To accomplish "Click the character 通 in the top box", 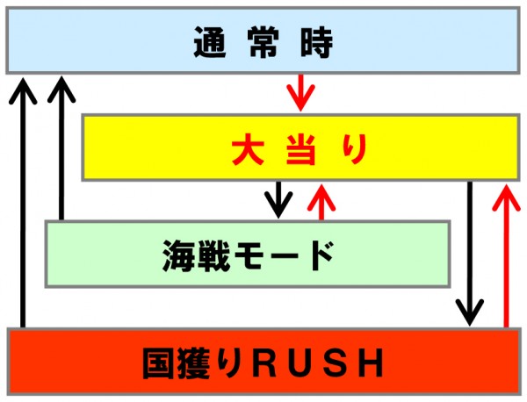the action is pyautogui.click(x=210, y=42).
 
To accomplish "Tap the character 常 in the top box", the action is pyautogui.click(x=263, y=42).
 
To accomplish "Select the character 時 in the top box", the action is pyautogui.click(x=316, y=42).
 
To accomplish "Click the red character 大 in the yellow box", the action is pyautogui.click(x=248, y=148).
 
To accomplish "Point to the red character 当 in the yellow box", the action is pyautogui.click(x=301, y=148).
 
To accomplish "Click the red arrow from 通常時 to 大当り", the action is pyautogui.click(x=300, y=92).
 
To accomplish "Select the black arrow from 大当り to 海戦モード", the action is pyautogui.click(x=278, y=200).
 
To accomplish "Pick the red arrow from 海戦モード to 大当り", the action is pyautogui.click(x=321, y=202).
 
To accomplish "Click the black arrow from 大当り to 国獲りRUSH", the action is pyautogui.click(x=470, y=254).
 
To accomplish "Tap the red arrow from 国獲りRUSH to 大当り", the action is pyautogui.click(x=506, y=256).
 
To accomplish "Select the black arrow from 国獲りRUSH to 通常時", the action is pyautogui.click(x=23, y=202).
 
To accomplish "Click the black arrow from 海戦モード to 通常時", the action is pyautogui.click(x=61, y=148).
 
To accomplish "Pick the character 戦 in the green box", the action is pyautogui.click(x=214, y=255).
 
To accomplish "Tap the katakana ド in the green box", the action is pyautogui.click(x=322, y=255).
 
